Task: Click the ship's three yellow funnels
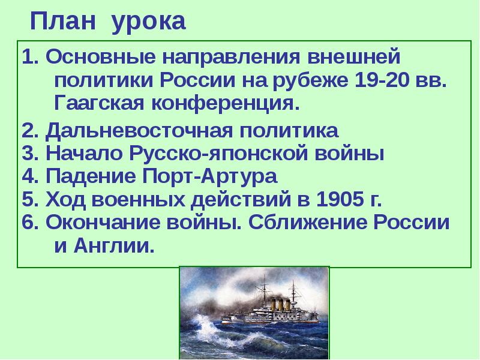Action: (280, 305)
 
